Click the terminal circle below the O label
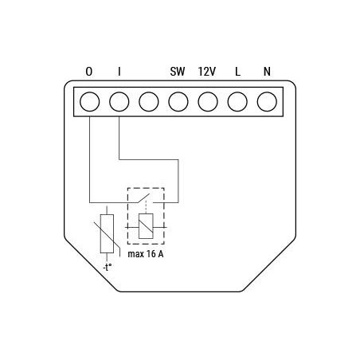(89, 102)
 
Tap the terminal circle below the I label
(119, 102)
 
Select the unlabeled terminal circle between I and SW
(148, 102)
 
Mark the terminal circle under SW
(178, 102)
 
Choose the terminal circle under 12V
(208, 102)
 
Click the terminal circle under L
(237, 102)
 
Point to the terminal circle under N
(267, 102)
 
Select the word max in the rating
(136, 255)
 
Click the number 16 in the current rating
(154, 255)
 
